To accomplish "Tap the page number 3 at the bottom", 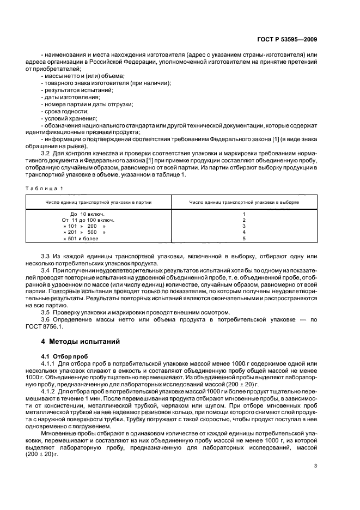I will pyautogui.click(x=315, y=465).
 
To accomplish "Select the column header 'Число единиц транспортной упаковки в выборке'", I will pyautogui.click(x=243, y=202).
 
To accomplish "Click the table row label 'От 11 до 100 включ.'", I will pyautogui.click(x=88, y=220).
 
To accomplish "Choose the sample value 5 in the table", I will pyautogui.click(x=244, y=238).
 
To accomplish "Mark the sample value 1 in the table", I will pyautogui.click(x=244, y=214).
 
